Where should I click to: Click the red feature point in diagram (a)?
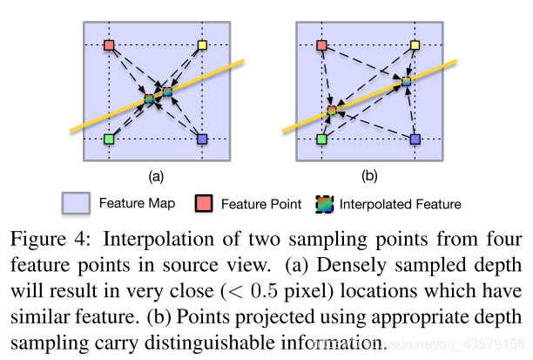(109, 44)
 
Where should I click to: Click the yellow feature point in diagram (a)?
(202, 44)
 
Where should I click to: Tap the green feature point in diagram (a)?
(109, 139)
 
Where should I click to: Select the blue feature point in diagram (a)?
(202, 139)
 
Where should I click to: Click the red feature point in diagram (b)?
(322, 44)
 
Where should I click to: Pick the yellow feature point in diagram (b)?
(415, 44)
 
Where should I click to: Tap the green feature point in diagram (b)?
(322, 139)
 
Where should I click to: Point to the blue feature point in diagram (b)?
(415, 139)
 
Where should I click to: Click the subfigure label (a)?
(156, 176)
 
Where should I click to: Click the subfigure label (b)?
(369, 176)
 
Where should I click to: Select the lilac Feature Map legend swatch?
(77, 204)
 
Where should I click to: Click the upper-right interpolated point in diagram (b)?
(406, 82)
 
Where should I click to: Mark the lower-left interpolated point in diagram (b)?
(332, 111)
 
